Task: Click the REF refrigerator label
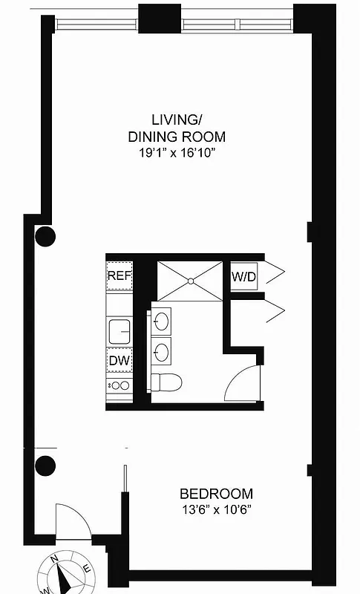click(x=119, y=275)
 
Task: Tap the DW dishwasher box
click(x=119, y=361)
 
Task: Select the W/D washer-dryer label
click(x=243, y=277)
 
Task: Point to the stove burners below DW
click(x=119, y=385)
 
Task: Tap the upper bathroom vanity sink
click(x=163, y=320)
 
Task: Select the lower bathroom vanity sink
click(x=163, y=349)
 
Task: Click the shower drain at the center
click(x=191, y=281)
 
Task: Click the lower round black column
click(x=45, y=466)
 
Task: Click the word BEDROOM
click(x=217, y=494)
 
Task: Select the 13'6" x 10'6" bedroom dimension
click(x=217, y=510)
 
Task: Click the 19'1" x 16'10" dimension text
click(x=177, y=153)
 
